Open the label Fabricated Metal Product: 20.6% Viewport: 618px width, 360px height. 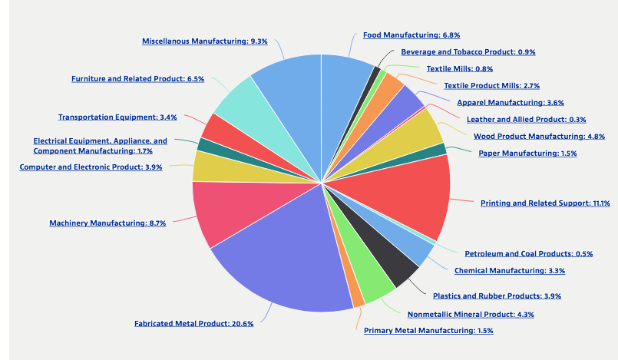pos(193,324)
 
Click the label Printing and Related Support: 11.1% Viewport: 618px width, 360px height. pos(545,203)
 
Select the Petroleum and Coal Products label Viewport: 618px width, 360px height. pos(529,253)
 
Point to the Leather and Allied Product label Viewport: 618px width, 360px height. pos(526,119)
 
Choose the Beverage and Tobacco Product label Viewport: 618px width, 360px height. pos(468,52)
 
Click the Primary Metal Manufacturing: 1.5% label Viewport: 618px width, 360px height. pos(428,330)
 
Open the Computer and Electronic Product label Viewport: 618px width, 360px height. pos(91,167)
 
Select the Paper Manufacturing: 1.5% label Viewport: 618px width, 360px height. pos(527,154)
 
